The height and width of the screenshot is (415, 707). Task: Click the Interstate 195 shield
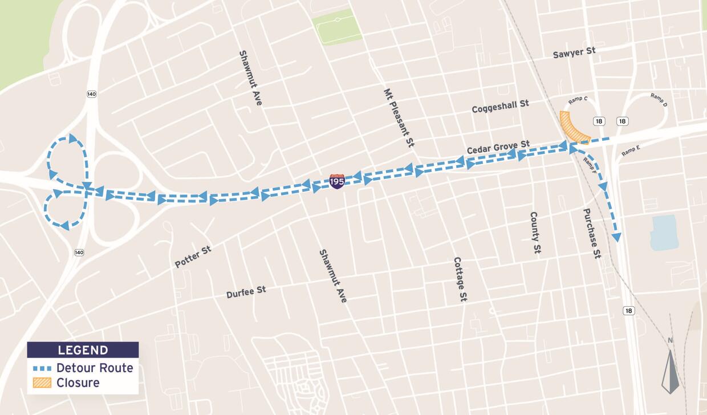(337, 181)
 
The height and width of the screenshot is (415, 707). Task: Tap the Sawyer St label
(574, 52)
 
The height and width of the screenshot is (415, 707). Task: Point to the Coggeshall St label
(500, 106)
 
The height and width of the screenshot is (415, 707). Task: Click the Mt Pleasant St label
(399, 118)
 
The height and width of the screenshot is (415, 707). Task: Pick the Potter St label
(193, 257)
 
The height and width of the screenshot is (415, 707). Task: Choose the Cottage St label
(461, 279)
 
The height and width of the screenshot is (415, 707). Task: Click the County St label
(535, 233)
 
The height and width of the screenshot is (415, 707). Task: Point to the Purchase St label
(592, 233)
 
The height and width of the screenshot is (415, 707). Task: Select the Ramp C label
(578, 100)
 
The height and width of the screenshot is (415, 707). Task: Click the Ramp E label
(631, 150)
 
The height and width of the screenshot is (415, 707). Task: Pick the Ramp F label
(590, 165)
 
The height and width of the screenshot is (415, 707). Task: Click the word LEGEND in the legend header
(83, 350)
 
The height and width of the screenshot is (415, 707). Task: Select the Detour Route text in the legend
(95, 368)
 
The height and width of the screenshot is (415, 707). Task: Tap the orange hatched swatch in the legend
(42, 383)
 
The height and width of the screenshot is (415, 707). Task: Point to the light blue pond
(664, 233)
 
